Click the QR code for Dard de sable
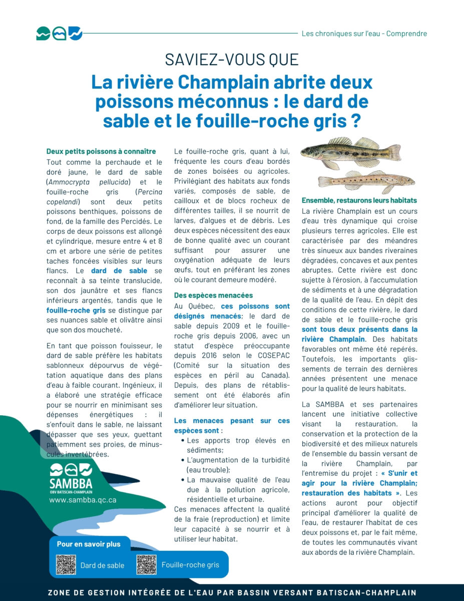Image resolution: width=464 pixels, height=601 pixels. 66,564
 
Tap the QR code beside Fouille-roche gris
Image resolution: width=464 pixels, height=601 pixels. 147,564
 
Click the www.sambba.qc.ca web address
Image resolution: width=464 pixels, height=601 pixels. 83,499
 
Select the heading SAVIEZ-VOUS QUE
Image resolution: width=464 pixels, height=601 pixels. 232,60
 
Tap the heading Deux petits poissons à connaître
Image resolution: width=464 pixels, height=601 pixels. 101,151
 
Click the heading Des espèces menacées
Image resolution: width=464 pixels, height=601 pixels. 214,295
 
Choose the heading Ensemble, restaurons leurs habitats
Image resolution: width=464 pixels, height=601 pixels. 359,200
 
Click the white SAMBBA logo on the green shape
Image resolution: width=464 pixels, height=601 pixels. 71,477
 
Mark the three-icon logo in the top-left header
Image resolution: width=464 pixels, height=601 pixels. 59,34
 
